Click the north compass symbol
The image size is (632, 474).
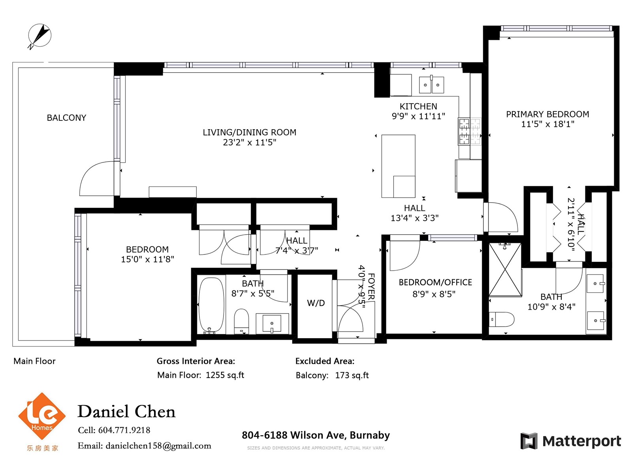(39, 36)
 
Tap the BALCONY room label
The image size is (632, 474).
(66, 118)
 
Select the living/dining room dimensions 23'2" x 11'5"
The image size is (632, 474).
(249, 142)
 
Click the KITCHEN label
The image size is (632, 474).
(418, 106)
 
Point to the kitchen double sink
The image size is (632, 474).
(431, 85)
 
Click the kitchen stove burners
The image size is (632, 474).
(470, 131)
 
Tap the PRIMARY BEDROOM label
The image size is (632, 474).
(547, 114)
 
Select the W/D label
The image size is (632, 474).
(316, 303)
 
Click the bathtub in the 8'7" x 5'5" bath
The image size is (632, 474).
(211, 305)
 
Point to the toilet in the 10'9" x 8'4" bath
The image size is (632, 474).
(502, 320)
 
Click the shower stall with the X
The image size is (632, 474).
(505, 269)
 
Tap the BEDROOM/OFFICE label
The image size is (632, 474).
(435, 282)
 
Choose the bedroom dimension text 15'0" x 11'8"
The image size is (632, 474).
(147, 259)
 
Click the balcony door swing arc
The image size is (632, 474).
(89, 173)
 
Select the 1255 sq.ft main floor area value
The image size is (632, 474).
(225, 375)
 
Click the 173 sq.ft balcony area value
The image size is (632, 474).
(352, 375)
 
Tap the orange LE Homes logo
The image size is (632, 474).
(42, 416)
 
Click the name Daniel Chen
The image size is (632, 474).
(126, 412)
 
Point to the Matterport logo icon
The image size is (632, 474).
(529, 441)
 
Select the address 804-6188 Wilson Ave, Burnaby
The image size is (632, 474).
(316, 435)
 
